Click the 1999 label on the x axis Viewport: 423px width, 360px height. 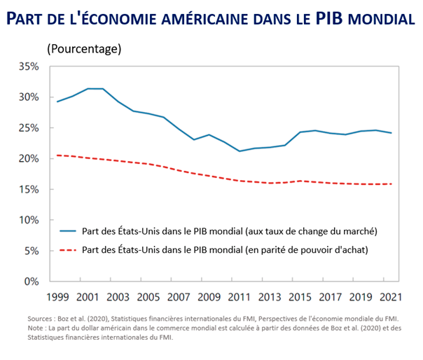pos(57,297)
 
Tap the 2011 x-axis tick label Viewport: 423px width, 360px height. pos(239,297)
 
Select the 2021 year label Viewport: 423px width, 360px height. pos(390,297)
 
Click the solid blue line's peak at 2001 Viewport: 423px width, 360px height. pos(88,89)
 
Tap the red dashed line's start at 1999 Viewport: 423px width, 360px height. pos(57,155)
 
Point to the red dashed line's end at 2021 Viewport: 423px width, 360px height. pos(390,184)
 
